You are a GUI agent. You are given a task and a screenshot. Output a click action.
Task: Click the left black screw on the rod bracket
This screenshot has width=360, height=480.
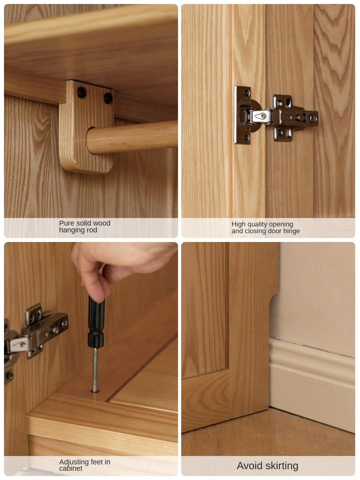(82, 92)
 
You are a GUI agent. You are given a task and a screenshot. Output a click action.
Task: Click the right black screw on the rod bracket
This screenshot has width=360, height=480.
(108, 98)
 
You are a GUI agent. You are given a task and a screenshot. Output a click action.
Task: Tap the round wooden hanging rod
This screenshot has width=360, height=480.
(132, 137)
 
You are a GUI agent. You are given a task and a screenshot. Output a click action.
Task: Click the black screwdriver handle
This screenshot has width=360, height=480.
(96, 322)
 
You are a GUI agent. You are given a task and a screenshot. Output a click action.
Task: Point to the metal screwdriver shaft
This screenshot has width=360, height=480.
(95, 370)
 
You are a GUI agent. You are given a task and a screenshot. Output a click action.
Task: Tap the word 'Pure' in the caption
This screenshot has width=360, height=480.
(66, 223)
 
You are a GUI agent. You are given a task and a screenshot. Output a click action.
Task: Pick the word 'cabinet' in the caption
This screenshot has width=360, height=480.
(71, 468)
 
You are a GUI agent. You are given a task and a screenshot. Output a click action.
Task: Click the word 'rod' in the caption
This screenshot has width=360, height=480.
(92, 230)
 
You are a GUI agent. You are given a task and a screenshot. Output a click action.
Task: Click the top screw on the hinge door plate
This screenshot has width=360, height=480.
(247, 92)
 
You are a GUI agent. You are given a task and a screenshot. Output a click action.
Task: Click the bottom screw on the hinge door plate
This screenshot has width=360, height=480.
(246, 138)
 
